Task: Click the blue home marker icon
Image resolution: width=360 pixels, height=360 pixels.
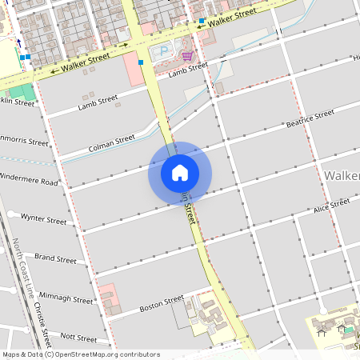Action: [x=180, y=173]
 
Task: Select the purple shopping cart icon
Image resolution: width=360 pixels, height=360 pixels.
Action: [x=187, y=55]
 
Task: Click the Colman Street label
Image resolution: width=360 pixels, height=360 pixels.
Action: [x=112, y=142]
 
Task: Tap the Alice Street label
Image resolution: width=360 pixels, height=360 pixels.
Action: [x=332, y=206]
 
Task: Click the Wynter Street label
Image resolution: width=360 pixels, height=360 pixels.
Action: [x=43, y=218]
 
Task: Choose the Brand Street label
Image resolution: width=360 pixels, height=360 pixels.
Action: [x=55, y=259]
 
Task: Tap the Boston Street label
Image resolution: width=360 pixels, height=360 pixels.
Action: [x=162, y=306]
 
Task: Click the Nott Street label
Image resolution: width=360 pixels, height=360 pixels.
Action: [x=78, y=338]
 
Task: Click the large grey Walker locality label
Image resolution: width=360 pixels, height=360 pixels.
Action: [x=342, y=175]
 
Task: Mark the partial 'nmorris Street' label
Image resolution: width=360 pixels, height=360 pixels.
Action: [x=24, y=142]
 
